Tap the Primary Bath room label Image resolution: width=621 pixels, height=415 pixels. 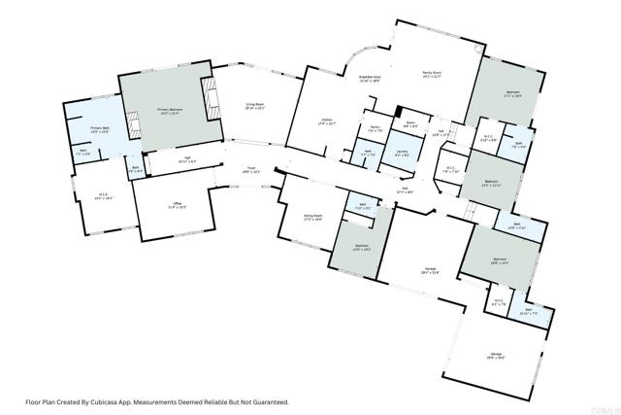(x=99, y=129)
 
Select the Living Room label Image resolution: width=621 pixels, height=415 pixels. (x=255, y=109)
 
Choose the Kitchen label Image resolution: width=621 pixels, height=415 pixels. (x=329, y=123)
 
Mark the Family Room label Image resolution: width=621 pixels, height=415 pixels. (x=432, y=75)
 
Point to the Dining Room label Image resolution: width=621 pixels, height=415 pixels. (x=312, y=219)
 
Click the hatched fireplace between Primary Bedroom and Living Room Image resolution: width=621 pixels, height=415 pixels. (x=210, y=97)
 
